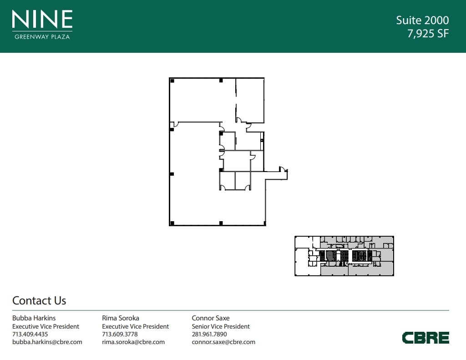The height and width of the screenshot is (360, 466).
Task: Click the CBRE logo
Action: (425, 338)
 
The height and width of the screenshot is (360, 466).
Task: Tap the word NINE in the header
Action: (42, 19)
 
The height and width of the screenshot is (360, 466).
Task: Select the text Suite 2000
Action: (422, 20)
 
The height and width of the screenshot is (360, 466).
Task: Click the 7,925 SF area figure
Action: (428, 34)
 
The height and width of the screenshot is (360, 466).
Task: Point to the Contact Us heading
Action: (39, 300)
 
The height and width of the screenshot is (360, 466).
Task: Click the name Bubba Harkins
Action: (34, 318)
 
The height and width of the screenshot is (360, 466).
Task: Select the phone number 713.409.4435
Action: (30, 334)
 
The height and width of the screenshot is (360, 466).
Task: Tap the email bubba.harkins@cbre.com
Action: (47, 342)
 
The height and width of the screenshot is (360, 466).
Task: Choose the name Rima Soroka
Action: (121, 318)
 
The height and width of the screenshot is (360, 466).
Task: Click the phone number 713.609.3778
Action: (120, 334)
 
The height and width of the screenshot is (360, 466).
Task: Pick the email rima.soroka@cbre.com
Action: (133, 342)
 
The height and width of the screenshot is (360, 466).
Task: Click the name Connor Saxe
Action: (211, 318)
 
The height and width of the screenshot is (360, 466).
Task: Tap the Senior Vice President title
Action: (221, 326)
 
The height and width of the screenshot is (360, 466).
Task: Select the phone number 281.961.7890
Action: (209, 334)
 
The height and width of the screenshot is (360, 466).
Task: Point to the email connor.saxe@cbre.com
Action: (223, 342)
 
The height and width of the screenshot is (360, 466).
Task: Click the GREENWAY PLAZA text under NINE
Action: (42, 37)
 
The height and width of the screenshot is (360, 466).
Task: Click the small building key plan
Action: (344, 256)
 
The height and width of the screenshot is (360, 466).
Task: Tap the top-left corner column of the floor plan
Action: (172, 81)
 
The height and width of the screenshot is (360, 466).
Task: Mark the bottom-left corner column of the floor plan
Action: (172, 223)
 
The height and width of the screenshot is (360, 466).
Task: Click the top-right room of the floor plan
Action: (250, 101)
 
